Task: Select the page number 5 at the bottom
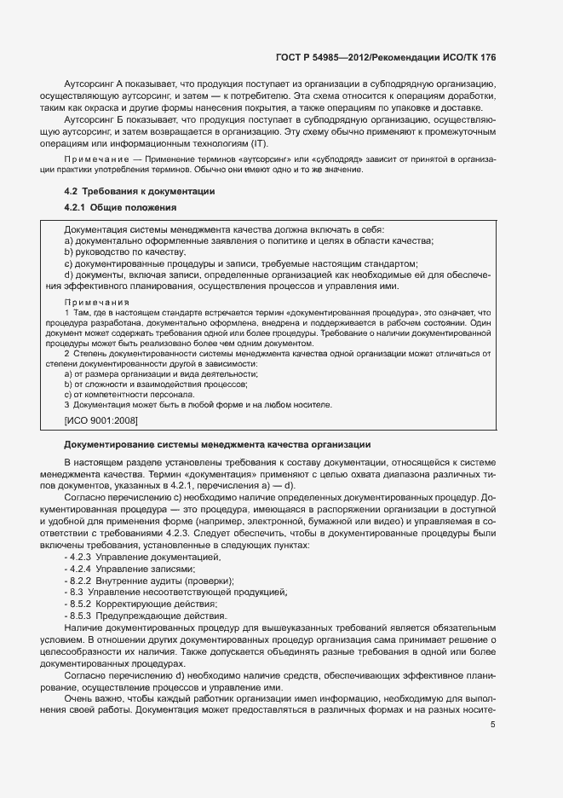pyautogui.click(x=493, y=725)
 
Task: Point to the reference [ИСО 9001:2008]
pyautogui.click(x=101, y=420)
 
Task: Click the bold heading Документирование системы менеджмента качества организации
pyautogui.click(x=217, y=445)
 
